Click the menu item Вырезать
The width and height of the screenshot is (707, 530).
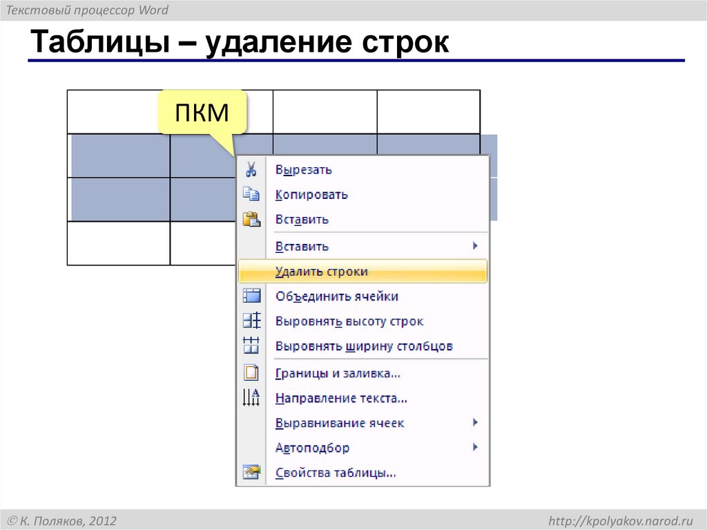click(303, 170)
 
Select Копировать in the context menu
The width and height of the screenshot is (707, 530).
click(311, 195)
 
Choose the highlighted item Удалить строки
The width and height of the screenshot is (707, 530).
click(321, 272)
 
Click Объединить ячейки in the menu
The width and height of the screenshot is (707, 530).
click(336, 296)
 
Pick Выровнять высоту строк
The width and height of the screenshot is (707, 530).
click(349, 321)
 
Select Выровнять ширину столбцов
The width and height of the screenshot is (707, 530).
click(364, 346)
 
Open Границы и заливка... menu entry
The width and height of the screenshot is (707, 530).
click(338, 374)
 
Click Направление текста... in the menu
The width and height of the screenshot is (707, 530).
click(341, 399)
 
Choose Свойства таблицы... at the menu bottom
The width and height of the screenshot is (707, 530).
click(336, 473)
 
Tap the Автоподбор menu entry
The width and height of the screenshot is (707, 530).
click(312, 448)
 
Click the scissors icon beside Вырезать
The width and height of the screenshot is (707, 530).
click(251, 169)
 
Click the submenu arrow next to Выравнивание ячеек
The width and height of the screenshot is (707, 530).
click(475, 422)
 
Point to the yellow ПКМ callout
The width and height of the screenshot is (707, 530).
click(202, 112)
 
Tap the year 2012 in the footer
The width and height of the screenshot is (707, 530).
click(102, 520)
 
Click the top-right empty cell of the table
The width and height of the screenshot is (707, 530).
click(428, 111)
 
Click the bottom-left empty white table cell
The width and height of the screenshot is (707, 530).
click(118, 243)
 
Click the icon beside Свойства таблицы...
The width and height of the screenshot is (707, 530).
click(251, 473)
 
